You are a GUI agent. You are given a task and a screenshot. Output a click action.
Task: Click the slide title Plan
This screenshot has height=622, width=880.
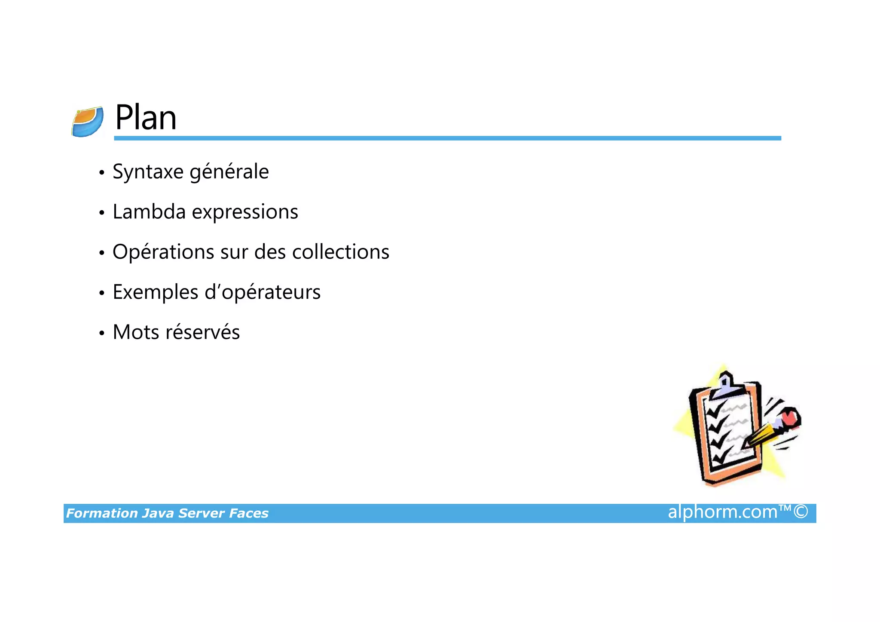tap(146, 118)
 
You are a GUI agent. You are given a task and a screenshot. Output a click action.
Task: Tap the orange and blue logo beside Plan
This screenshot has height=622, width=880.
tap(88, 122)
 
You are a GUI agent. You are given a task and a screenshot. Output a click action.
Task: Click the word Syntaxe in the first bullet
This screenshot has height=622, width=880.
tap(148, 172)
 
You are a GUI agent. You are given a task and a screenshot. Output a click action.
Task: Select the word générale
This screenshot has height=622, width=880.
tap(229, 172)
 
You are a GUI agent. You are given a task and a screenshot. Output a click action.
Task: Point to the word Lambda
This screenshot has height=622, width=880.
tap(149, 212)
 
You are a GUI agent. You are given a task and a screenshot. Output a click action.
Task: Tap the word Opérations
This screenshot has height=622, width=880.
tap(163, 252)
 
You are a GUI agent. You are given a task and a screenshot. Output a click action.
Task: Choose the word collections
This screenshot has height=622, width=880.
tap(340, 252)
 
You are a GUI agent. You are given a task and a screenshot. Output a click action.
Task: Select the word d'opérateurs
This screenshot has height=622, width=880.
tap(263, 293)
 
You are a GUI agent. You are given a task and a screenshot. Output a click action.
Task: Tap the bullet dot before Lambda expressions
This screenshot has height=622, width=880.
tap(102, 213)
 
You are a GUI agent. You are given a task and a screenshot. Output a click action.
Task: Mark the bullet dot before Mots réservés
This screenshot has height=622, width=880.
tap(102, 333)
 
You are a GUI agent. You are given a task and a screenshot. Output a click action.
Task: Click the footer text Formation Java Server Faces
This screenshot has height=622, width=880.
tap(167, 513)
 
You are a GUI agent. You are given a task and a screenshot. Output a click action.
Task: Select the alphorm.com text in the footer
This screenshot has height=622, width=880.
tap(723, 512)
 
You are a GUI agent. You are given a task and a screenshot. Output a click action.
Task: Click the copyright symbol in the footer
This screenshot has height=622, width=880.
tap(801, 512)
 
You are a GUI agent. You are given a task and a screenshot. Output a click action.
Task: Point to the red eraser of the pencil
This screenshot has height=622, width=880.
tap(790, 417)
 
